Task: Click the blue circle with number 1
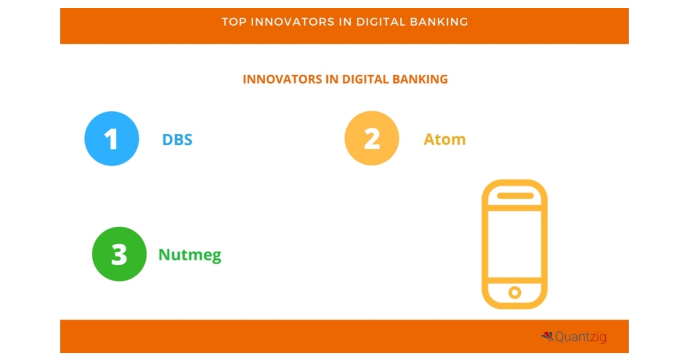[x=112, y=138]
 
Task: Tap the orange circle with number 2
[x=371, y=138]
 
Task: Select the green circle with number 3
[x=119, y=254]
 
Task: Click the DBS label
[x=177, y=140]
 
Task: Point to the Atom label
[x=444, y=140]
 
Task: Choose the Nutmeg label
[x=189, y=255]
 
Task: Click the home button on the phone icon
[x=514, y=292]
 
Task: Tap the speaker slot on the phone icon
[x=514, y=196]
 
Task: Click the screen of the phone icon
[x=514, y=243]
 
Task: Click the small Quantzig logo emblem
[x=547, y=336]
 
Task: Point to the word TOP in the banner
[x=234, y=22]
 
